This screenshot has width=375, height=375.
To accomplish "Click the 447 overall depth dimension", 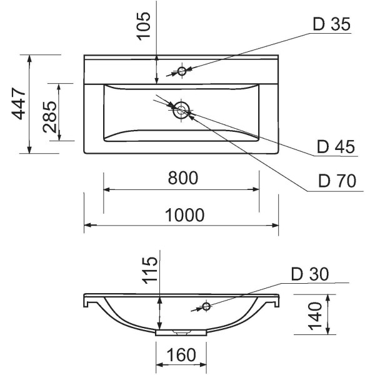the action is [19, 104].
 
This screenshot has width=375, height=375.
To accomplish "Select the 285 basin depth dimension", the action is [50, 117].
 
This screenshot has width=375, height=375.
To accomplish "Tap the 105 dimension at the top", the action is [143, 26].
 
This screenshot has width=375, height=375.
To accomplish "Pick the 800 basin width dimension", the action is [183, 177].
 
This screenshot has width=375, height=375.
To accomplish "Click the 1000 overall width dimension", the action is [185, 215].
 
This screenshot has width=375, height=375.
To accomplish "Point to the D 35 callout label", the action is [332, 24].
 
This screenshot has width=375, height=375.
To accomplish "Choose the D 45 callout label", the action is [336, 147].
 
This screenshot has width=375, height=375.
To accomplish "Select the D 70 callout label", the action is [337, 181].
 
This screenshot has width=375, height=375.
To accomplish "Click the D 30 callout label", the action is [310, 274].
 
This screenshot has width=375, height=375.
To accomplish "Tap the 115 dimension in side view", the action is [150, 270].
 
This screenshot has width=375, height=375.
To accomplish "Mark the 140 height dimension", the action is [315, 316].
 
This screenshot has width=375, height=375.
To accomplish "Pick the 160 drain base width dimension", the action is [181, 354].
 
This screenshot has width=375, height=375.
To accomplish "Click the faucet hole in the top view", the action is [182, 71].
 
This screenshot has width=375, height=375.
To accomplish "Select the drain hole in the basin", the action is [181, 110].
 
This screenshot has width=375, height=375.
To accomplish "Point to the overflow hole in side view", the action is [206, 306].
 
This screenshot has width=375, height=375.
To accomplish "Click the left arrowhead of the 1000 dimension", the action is [88, 225].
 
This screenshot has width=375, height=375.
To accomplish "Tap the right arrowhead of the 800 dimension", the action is [255, 189].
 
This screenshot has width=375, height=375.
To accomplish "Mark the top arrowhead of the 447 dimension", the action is [29, 59].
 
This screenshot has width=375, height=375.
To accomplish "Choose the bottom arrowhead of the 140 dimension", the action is [328, 331].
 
